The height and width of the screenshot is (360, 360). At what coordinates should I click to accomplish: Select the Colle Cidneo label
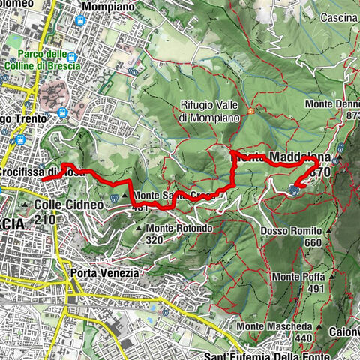(61, 205)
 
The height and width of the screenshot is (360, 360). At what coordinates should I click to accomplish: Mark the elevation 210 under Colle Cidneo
(44, 219)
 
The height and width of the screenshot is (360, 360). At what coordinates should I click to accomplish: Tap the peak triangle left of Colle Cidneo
(25, 205)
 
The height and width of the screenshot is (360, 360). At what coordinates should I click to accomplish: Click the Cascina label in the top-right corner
(337, 17)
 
